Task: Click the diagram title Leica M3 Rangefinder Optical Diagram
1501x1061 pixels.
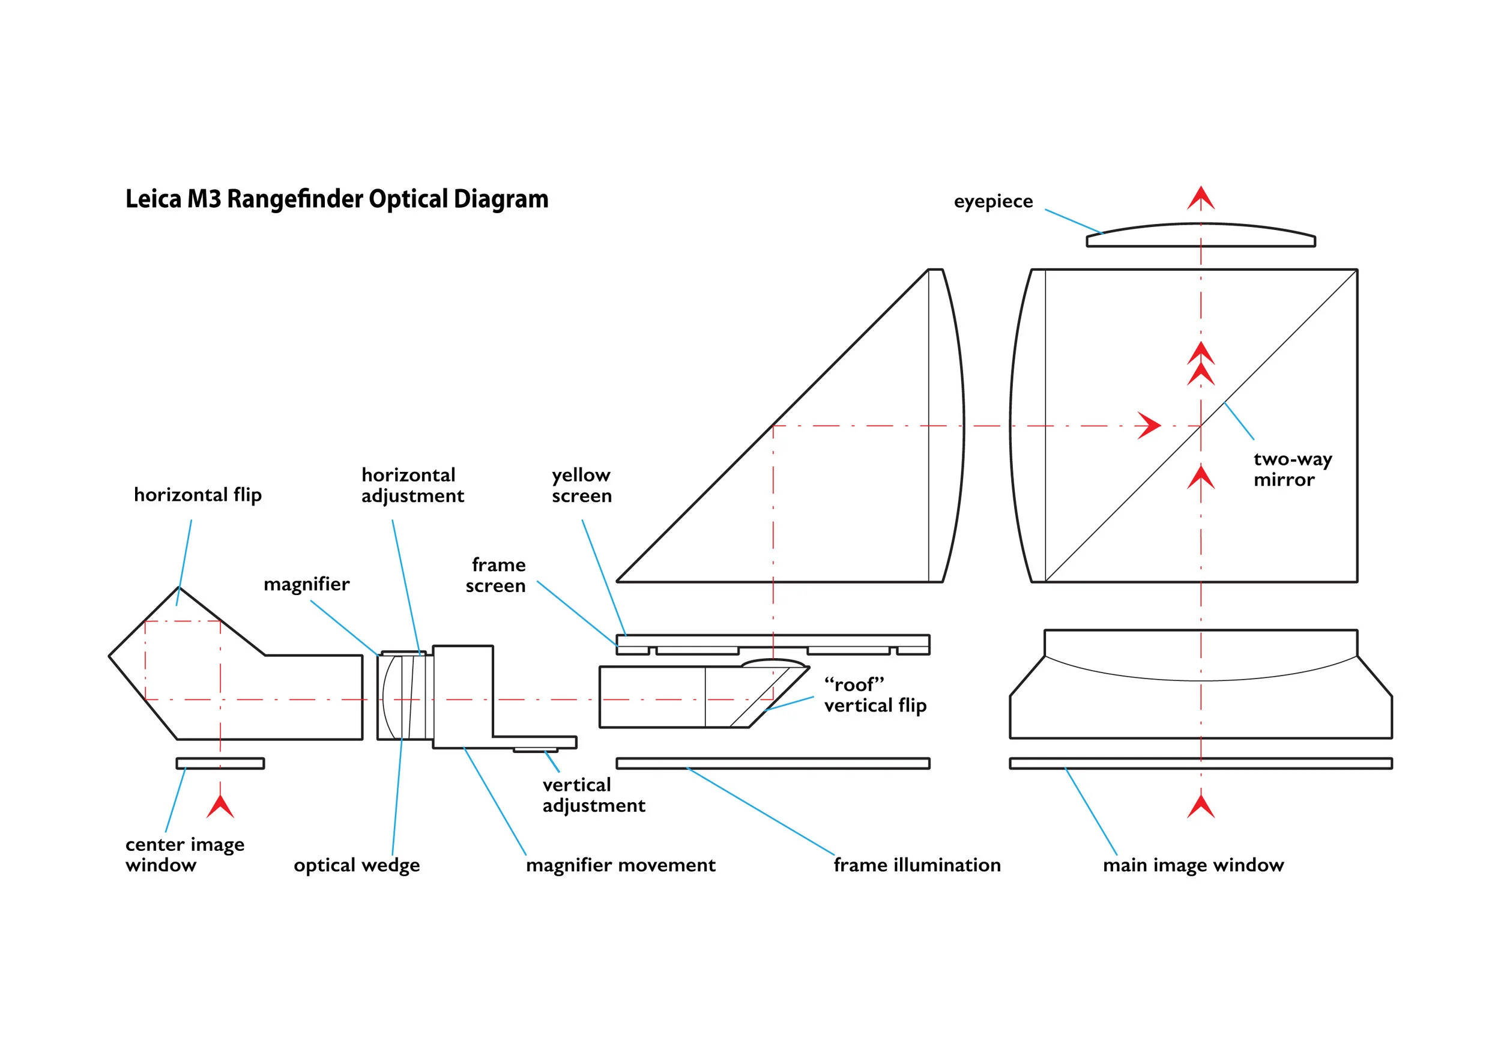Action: pos(337,199)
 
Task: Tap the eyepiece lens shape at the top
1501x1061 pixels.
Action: pos(1200,237)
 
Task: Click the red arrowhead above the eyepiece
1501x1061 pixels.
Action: pos(1201,198)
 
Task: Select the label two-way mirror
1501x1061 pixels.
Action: pos(1292,470)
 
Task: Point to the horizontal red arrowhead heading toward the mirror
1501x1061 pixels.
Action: pos(1149,426)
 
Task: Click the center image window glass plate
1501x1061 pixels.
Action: pos(220,763)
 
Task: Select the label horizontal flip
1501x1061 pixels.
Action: pos(198,495)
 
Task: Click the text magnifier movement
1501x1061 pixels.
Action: pos(620,865)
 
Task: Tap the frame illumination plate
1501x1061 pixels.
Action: pos(773,763)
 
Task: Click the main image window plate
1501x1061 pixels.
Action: pos(1201,763)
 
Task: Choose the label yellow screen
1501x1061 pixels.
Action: pos(581,485)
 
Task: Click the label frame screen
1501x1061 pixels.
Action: pos(496,575)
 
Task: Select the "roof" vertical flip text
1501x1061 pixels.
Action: pos(875,695)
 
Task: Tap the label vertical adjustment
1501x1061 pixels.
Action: pos(593,795)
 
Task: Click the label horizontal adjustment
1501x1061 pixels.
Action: pos(412,485)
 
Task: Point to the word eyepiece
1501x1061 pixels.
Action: pos(993,201)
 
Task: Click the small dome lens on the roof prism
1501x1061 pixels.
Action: pos(773,663)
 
